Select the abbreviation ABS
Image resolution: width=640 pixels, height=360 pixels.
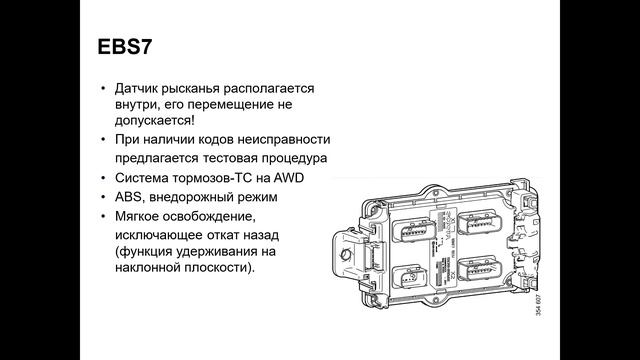click(132, 197)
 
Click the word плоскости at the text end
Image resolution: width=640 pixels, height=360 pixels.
click(220, 270)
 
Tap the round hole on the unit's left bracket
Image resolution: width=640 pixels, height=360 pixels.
click(349, 256)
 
